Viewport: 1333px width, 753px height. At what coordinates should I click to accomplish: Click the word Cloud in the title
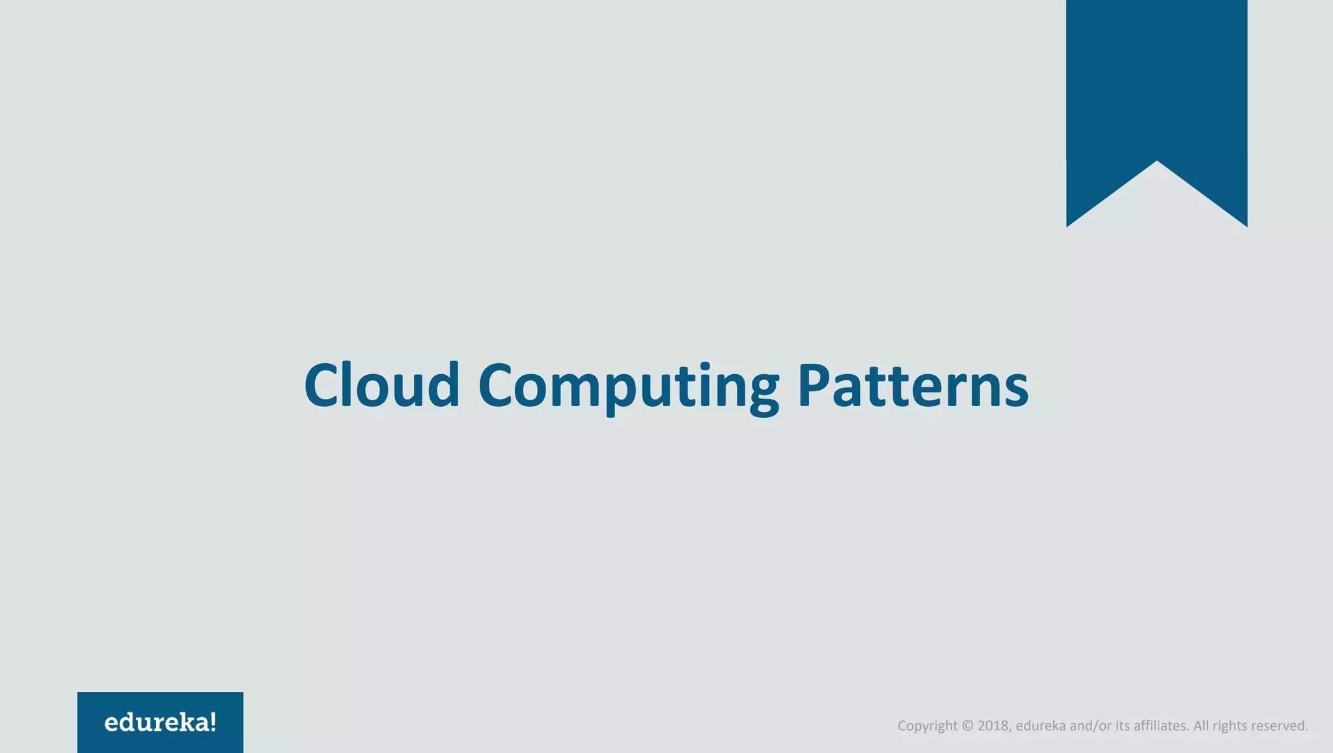click(382, 385)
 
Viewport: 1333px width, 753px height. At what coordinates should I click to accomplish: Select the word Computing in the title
click(629, 385)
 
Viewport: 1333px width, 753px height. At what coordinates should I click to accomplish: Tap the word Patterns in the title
click(913, 385)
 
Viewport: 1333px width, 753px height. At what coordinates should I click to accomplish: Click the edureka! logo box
click(160, 722)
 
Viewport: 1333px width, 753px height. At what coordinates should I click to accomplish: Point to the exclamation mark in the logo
click(213, 722)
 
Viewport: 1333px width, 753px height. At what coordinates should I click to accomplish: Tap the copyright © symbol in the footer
click(967, 726)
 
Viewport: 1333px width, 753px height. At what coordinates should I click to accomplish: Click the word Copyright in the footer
click(928, 726)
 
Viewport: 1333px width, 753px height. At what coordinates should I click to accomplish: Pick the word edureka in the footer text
click(1040, 726)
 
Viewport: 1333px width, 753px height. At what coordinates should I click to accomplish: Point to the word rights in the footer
click(1229, 726)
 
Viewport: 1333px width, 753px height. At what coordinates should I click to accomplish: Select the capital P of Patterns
click(815, 385)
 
